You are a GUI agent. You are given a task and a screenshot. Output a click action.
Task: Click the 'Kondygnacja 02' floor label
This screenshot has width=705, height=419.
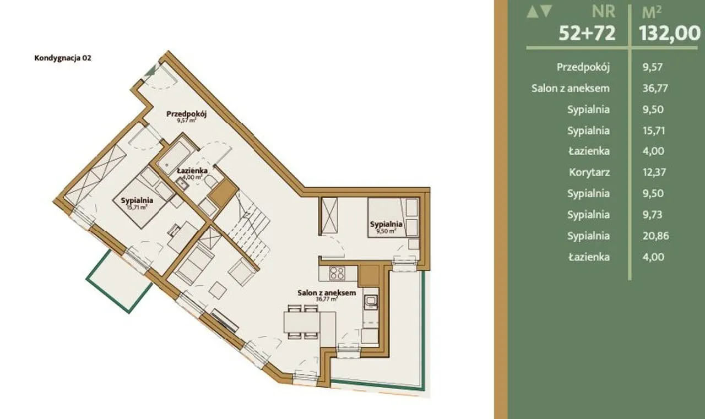tap(63, 58)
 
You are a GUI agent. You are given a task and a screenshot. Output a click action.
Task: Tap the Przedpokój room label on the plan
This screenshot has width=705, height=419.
tap(186, 113)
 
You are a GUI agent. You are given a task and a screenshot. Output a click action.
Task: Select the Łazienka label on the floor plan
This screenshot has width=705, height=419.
tap(192, 171)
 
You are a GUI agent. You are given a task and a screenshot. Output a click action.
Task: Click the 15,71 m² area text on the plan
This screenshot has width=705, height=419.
tap(137, 208)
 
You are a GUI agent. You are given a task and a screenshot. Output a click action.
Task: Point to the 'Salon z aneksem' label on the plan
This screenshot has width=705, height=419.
tap(327, 292)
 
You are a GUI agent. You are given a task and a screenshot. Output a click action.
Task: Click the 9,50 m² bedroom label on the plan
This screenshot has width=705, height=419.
tap(386, 231)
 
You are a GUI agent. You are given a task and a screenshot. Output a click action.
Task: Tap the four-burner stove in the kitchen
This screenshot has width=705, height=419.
tap(337, 273)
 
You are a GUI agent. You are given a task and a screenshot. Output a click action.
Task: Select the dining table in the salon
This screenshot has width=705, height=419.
tap(302, 322)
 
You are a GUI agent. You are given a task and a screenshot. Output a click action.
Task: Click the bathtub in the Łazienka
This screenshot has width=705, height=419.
tap(175, 155)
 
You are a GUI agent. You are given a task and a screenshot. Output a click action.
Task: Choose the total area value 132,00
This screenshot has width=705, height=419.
tap(670, 32)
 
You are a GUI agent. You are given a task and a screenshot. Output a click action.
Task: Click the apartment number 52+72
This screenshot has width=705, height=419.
tap(587, 32)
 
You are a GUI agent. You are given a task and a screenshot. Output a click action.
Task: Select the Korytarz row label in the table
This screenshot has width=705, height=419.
tap(589, 172)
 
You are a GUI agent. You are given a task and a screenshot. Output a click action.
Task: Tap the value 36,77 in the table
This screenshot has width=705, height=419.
tap(655, 89)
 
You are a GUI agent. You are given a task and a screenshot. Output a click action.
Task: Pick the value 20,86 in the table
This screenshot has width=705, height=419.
tap(655, 236)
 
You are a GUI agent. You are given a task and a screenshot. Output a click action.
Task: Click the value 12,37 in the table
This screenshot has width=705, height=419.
tap(654, 172)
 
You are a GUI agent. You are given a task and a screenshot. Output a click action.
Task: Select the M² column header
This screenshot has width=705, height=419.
tap(652, 13)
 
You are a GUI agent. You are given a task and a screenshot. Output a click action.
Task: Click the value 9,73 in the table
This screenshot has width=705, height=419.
tap(652, 215)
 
